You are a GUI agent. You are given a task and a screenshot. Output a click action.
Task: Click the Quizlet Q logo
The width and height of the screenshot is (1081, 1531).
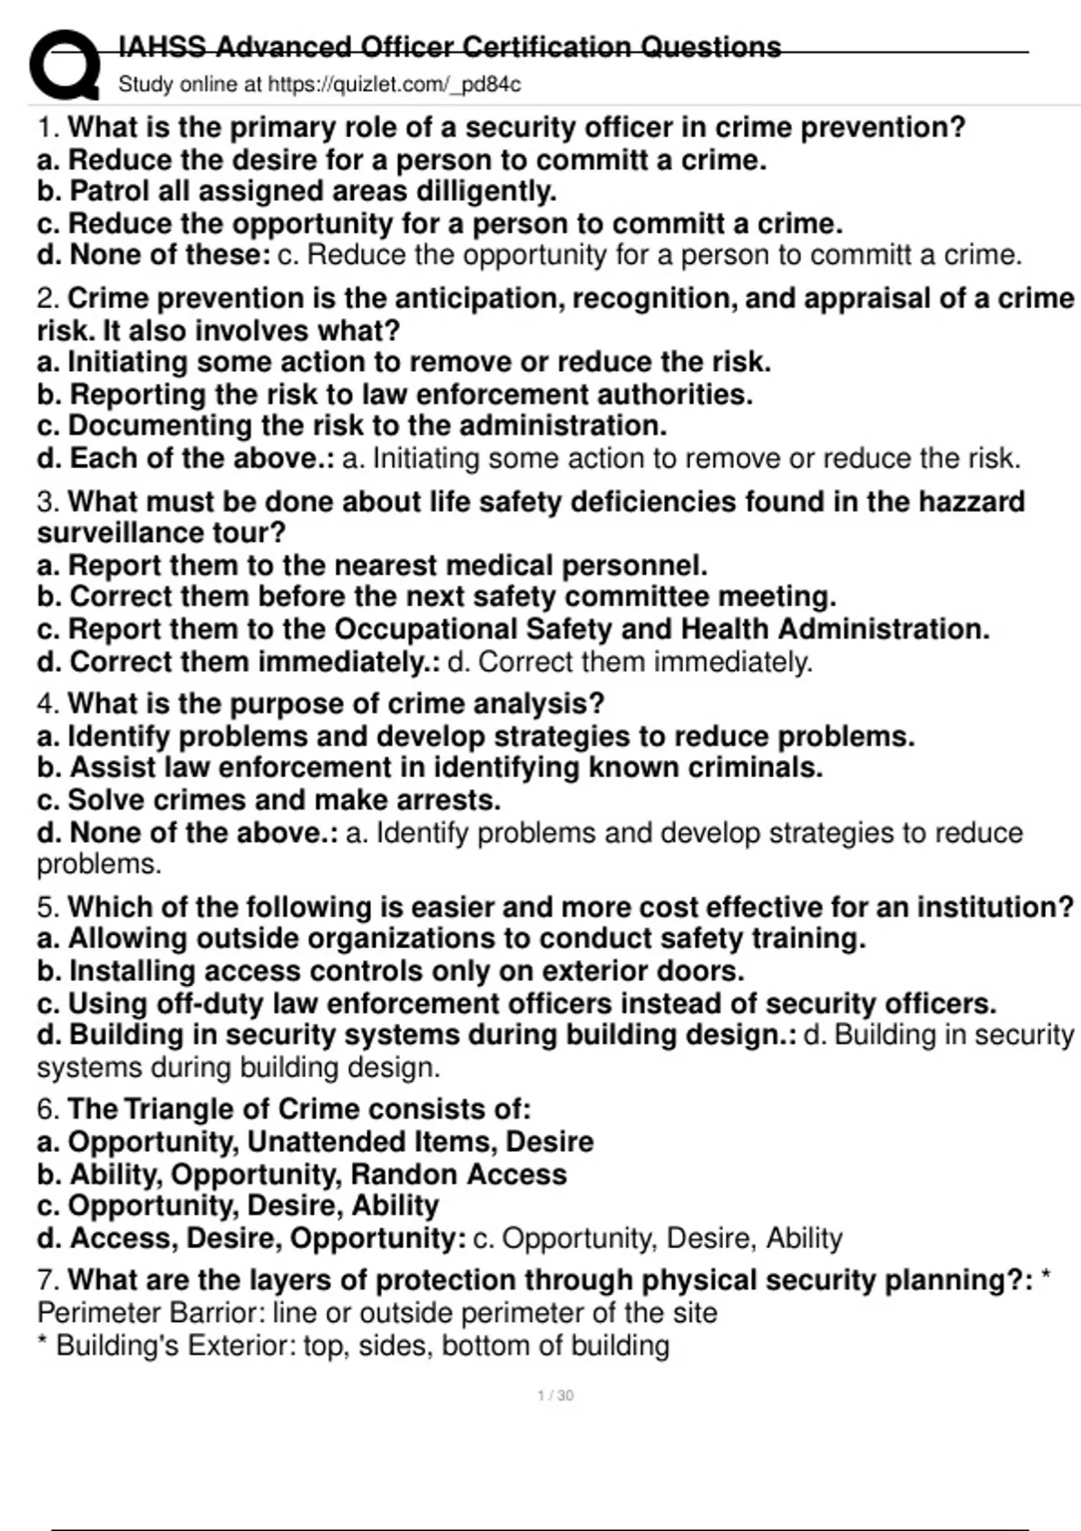click(x=64, y=65)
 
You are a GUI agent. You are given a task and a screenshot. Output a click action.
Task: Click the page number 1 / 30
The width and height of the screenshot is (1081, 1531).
click(x=555, y=1396)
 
